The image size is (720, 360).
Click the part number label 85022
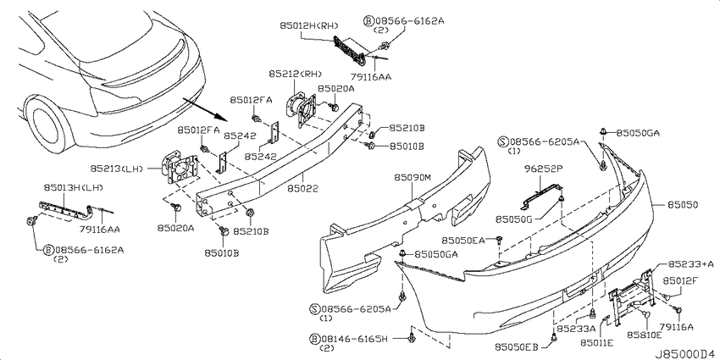(x=303, y=188)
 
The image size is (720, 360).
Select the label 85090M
(x=412, y=177)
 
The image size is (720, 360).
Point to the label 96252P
(x=544, y=169)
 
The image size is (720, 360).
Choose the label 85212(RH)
(x=296, y=74)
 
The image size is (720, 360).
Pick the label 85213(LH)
(x=115, y=169)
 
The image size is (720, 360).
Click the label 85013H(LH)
(x=74, y=187)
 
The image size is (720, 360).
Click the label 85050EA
(x=462, y=241)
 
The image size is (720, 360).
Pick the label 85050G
(x=513, y=219)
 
